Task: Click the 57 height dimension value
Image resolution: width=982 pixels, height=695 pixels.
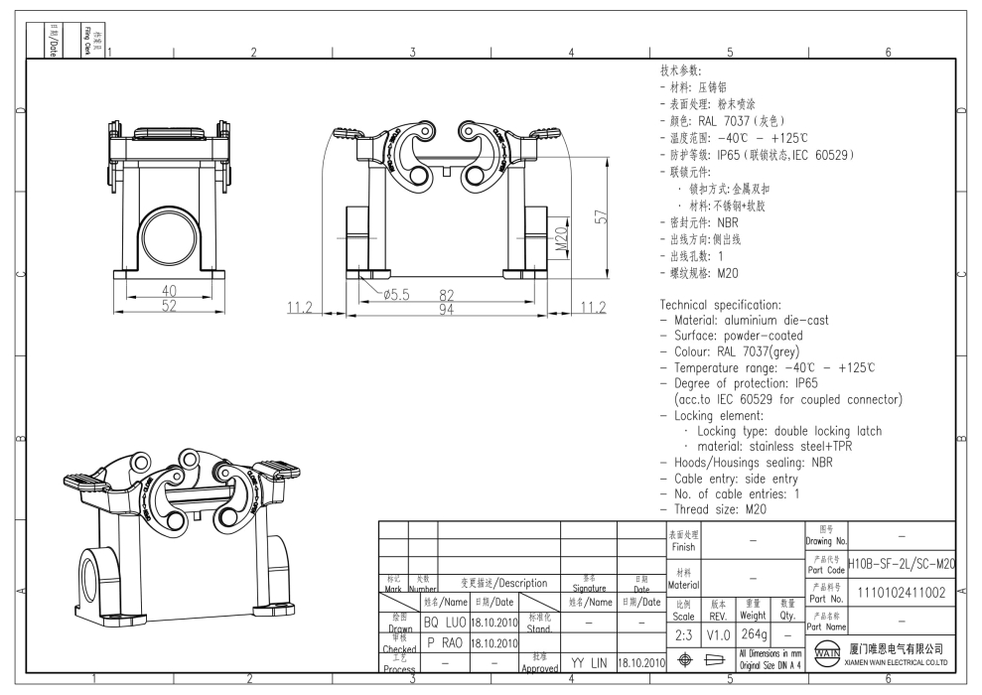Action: click(600, 217)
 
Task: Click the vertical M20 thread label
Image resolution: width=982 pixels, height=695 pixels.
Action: click(562, 239)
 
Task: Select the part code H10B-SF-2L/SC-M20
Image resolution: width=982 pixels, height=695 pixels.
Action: click(902, 564)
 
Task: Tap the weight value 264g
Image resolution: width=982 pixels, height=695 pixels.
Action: click(754, 632)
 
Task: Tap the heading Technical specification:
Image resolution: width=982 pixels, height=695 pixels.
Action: click(721, 305)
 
